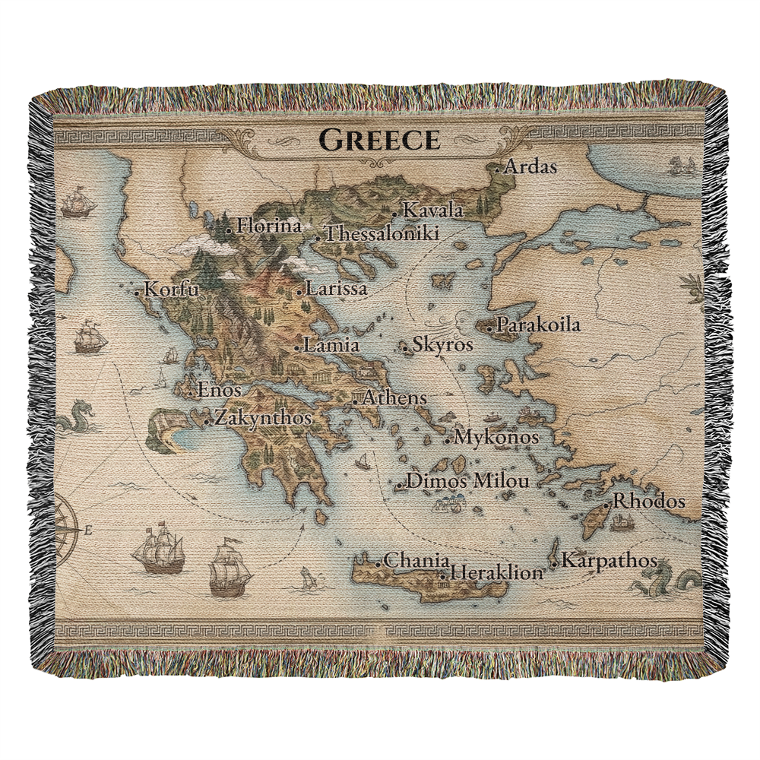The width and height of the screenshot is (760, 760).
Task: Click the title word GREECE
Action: click(379, 140)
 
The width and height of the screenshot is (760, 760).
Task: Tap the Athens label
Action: click(394, 397)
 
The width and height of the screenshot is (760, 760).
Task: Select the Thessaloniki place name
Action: click(382, 234)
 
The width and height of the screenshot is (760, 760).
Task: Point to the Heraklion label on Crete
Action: click(497, 573)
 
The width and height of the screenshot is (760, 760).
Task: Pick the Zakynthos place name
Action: click(263, 418)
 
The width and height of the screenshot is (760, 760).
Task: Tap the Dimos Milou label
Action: click(467, 481)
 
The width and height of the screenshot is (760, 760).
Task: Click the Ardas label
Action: click(530, 167)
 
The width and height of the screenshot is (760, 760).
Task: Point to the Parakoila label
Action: click(537, 326)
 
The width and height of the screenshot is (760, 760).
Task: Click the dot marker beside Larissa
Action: click(299, 291)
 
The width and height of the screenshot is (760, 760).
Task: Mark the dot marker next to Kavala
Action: click(394, 214)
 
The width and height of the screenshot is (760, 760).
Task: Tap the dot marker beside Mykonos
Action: click(448, 440)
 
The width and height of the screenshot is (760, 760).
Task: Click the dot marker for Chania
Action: click(378, 563)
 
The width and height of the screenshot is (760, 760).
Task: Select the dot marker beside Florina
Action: click(229, 228)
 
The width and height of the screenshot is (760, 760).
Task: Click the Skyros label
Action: click(442, 345)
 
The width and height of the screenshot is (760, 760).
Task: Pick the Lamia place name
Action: click(331, 345)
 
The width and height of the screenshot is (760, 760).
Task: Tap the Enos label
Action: click(219, 391)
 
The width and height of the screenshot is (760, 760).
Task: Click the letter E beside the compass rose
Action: click(88, 530)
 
